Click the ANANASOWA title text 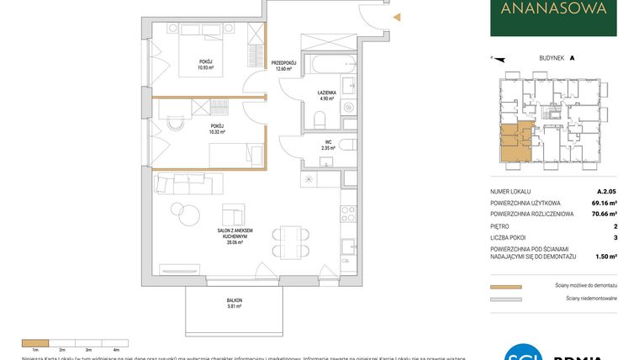(553, 10)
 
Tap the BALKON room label (235, 304)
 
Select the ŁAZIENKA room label (327, 94)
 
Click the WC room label (327, 145)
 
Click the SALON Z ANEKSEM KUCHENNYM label (234, 236)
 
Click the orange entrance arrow (398, 16)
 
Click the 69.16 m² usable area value (600, 204)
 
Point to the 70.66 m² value (600, 214)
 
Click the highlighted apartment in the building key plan (514, 141)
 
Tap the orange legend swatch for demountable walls (505, 287)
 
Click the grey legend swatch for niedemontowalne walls (505, 299)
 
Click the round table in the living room (178, 211)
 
